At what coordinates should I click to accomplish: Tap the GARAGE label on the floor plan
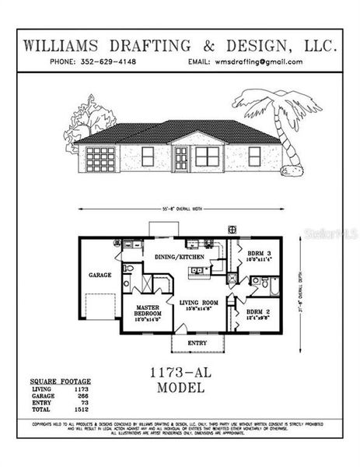[100, 275]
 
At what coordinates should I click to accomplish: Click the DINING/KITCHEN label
[180, 256]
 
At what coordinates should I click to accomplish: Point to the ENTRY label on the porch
[196, 342]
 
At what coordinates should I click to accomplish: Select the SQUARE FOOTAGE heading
[60, 381]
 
